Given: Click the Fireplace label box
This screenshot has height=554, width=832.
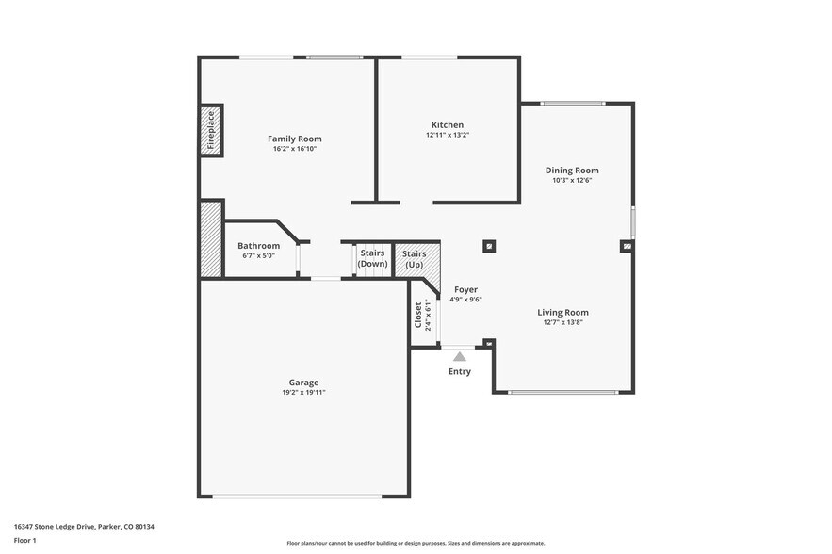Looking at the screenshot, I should click(x=211, y=131).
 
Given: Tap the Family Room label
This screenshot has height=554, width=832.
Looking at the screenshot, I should click(x=294, y=138).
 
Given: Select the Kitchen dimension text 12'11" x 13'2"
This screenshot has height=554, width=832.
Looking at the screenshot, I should click(x=448, y=135).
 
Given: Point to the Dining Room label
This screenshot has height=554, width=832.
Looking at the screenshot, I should click(x=572, y=171).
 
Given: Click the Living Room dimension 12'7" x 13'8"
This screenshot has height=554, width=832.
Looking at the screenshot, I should click(x=563, y=322).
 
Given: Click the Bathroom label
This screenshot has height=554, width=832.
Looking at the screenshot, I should click(x=258, y=246).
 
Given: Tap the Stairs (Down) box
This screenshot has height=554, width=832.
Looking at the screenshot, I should click(x=372, y=258).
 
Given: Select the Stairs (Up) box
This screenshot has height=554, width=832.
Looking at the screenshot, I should click(x=414, y=258).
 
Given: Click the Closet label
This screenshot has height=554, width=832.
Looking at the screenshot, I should click(x=418, y=316).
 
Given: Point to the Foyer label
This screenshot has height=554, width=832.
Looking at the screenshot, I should click(x=465, y=289).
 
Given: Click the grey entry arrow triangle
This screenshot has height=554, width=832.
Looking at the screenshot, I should click(x=460, y=356).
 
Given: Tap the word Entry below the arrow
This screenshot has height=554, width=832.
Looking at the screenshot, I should click(x=460, y=371).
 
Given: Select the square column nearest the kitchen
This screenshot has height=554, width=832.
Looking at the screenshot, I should click(x=489, y=247).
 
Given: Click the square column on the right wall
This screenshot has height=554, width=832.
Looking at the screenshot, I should click(x=627, y=247).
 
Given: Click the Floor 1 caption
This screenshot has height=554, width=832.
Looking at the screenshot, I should click(x=25, y=540).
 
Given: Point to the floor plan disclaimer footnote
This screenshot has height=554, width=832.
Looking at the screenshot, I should click(x=416, y=543).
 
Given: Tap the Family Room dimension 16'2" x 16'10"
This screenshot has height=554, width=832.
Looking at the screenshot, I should click(x=294, y=149).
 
